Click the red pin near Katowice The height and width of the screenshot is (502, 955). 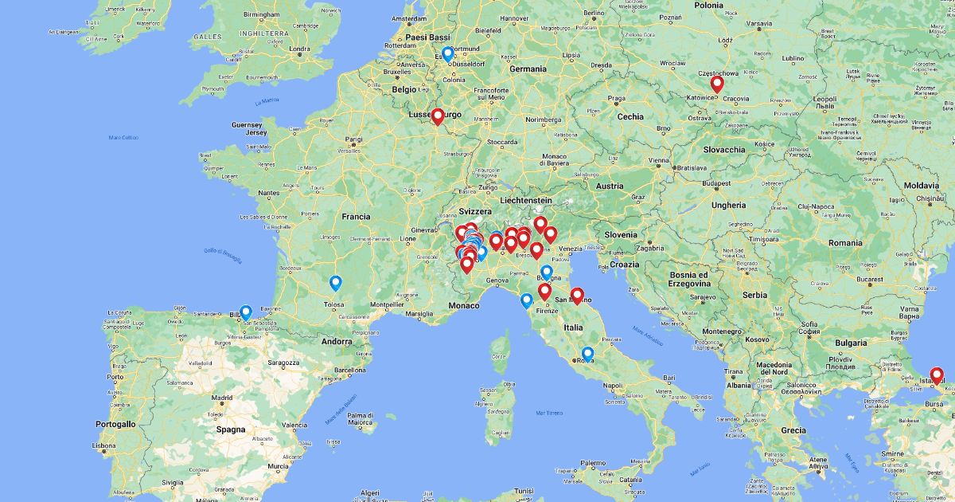point(717,84)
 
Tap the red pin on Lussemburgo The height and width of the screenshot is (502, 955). point(437,116)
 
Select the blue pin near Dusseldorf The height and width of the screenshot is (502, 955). point(448,53)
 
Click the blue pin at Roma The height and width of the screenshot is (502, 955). point(587,354)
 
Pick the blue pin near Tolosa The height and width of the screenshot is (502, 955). point(336,283)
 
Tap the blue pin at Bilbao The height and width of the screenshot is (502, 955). point(246,312)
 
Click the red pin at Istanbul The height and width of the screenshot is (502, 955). point(936,375)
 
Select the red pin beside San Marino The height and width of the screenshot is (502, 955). point(577,296)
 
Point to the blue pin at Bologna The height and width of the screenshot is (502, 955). point(547,273)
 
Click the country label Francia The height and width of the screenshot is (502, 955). point(356,216)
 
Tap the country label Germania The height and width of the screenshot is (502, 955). point(528,69)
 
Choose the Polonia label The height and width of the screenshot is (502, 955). point(708,5)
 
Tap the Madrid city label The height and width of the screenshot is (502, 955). point(222,398)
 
